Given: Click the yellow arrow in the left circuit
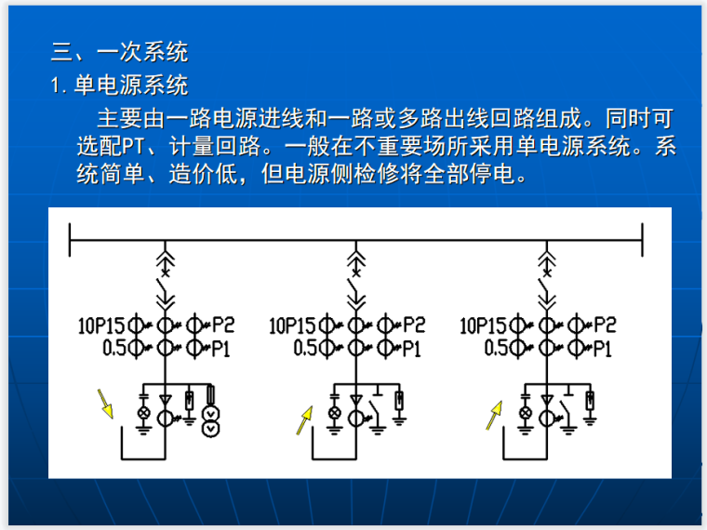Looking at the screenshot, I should coord(105,404).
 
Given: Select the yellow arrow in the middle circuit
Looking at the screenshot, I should coord(304,419).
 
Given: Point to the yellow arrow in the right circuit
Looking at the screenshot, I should coord(493,415).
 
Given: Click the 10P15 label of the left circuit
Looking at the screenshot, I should coord(101,325).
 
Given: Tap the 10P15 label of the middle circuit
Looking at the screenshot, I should coord(294,325).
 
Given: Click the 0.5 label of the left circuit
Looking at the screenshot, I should coord(113,348).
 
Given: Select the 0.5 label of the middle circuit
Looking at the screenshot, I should coord(306,348).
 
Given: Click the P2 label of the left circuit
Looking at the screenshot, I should coord(223,325).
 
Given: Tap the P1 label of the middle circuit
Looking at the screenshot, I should coord(413,349).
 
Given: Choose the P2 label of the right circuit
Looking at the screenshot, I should coord(605,325).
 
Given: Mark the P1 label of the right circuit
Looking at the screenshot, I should coord(604,349).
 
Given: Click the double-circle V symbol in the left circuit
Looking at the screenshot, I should coord(211,420).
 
